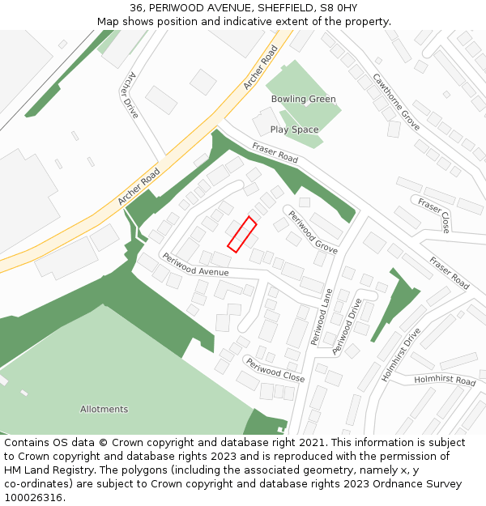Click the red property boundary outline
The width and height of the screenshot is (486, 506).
click(241, 234)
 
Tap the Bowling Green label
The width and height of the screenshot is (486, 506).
click(303, 100)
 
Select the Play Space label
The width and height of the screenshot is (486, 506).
click(294, 130)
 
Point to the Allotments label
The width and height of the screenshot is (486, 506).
click(104, 409)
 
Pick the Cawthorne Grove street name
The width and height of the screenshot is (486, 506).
click(396, 102)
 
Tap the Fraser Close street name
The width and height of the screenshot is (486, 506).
click(434, 213)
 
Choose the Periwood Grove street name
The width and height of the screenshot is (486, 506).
click(313, 232)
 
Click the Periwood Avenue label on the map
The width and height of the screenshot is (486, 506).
click(195, 265)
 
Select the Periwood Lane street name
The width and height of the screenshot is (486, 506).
click(322, 317)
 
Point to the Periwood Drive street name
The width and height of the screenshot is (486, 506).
click(347, 326)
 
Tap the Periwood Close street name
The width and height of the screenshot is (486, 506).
click(275, 369)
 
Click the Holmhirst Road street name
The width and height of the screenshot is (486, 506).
click(445, 380)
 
